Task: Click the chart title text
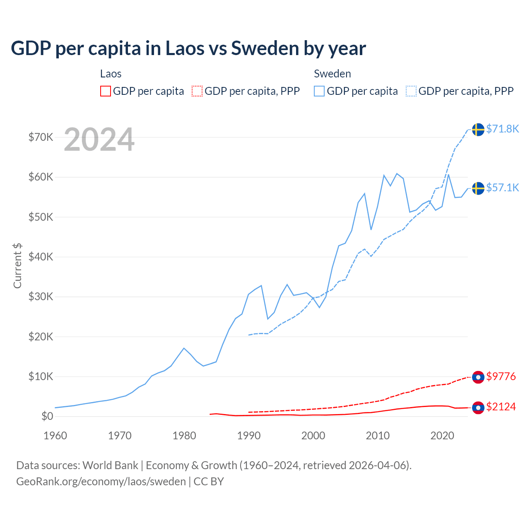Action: pos(188,48)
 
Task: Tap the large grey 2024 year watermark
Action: pos(99,140)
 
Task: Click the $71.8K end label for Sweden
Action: pos(502,129)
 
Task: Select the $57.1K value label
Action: pos(502,188)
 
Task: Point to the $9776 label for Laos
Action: pos(501,376)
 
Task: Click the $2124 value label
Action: pos(501,407)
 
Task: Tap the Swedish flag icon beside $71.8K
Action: pos(478,130)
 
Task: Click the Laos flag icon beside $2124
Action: pos(478,407)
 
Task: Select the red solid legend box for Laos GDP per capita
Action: pos(106,91)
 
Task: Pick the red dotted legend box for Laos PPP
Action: pos(197,91)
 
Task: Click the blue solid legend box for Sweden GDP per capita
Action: pos(319,91)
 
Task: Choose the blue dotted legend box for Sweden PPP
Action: pos(411,91)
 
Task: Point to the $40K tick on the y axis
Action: pos(41,257)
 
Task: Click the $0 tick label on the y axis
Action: pos(47,416)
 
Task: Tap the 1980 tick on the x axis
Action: pos(184,436)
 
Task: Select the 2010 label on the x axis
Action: pos(378,436)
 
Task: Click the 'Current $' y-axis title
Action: pos(17,265)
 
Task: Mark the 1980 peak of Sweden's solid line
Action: pos(184,348)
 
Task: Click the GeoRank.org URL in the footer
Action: pos(101,482)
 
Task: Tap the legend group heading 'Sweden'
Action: pos(332,74)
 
